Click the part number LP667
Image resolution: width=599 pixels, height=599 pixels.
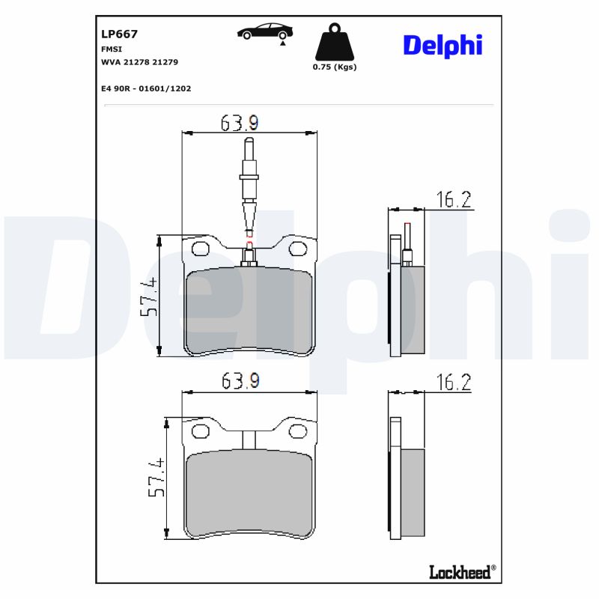pyautogui.click(x=119, y=34)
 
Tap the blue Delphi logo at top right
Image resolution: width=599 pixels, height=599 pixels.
pyautogui.click(x=443, y=45)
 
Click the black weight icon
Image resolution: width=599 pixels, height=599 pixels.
pyautogui.click(x=335, y=43)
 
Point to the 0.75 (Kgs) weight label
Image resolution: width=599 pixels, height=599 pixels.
pyautogui.click(x=335, y=67)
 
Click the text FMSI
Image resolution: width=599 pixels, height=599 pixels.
pyautogui.click(x=112, y=49)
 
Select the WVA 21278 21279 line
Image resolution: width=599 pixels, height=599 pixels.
pyautogui.click(x=139, y=62)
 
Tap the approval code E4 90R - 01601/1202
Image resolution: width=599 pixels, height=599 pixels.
pyautogui.click(x=146, y=88)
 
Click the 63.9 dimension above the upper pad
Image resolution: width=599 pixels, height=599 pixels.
pyautogui.click(x=240, y=122)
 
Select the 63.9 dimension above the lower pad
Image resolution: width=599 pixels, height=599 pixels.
pyautogui.click(x=240, y=381)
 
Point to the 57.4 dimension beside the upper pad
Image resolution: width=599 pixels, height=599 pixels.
pyautogui.click(x=149, y=297)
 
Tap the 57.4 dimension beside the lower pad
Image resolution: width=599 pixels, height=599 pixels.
pyautogui.click(x=156, y=478)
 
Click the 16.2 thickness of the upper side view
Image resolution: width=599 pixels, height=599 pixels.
pyautogui.click(x=454, y=199)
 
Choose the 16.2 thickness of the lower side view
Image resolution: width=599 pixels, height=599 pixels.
pyautogui.click(x=454, y=383)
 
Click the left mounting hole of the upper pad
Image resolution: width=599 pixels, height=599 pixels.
pyautogui.click(x=201, y=248)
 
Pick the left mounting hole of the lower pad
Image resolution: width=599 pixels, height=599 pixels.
pyautogui.click(x=201, y=431)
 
